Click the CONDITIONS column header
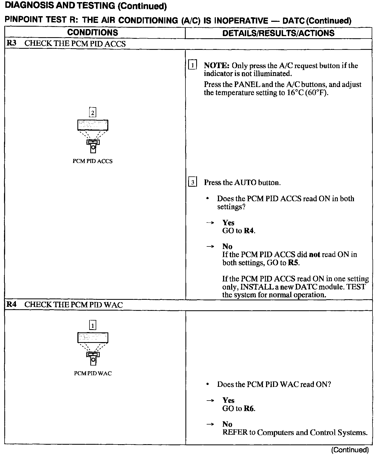[92, 33]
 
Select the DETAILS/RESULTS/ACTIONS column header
[278, 33]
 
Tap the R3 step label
[11, 43]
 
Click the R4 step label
[11, 305]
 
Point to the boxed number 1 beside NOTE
[192, 65]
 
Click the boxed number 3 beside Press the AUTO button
[192, 182]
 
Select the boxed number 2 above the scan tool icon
[92, 113]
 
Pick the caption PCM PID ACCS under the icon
[92, 161]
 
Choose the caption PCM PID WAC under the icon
[93, 373]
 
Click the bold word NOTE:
[216, 65]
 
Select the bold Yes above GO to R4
[228, 222]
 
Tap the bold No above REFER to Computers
[227, 424]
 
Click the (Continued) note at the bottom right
[350, 450]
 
